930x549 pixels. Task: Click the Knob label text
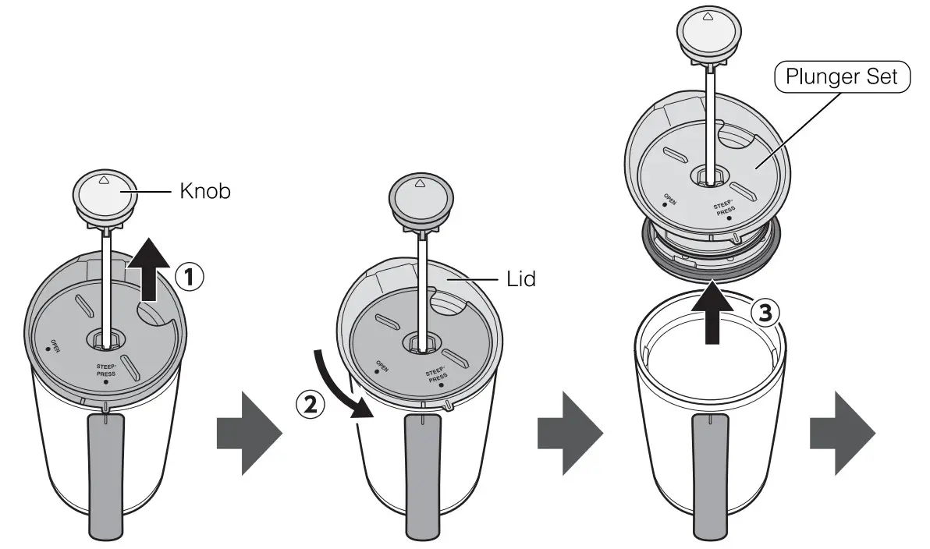click(x=205, y=191)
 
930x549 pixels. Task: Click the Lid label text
click(x=520, y=278)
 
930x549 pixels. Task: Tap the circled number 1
click(x=190, y=275)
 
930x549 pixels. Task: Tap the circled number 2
click(x=309, y=404)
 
